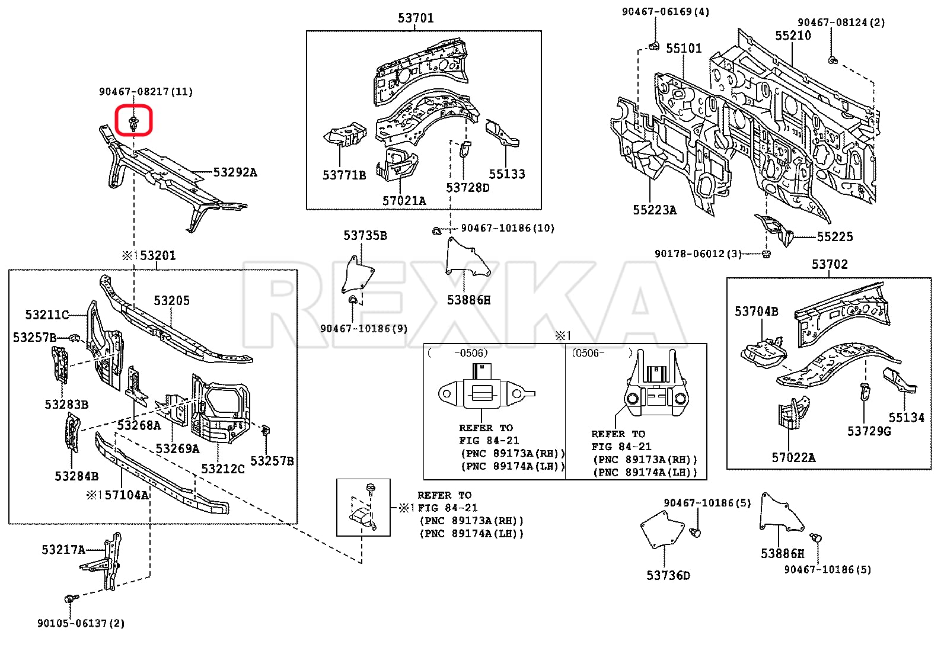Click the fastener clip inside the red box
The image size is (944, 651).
coord(134,123)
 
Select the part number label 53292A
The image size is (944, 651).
coord(235,172)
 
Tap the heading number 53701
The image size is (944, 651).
coord(416,18)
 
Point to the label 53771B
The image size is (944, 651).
coord(344,175)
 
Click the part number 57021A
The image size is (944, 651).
coord(404,201)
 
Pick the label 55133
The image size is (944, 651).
coord(507,174)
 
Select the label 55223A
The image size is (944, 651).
coord(654,210)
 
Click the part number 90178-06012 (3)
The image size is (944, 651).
coord(698,254)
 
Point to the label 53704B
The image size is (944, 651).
coord(756,312)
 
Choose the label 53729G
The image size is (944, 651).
coord(869,431)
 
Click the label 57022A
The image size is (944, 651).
coord(793,457)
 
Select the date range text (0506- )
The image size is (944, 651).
coord(601,353)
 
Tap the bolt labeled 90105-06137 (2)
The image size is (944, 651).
coord(71,599)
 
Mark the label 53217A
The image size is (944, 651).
coord(63,550)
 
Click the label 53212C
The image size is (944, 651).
coord(222,469)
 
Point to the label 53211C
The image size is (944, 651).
coord(47,315)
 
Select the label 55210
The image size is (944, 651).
coord(793,36)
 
